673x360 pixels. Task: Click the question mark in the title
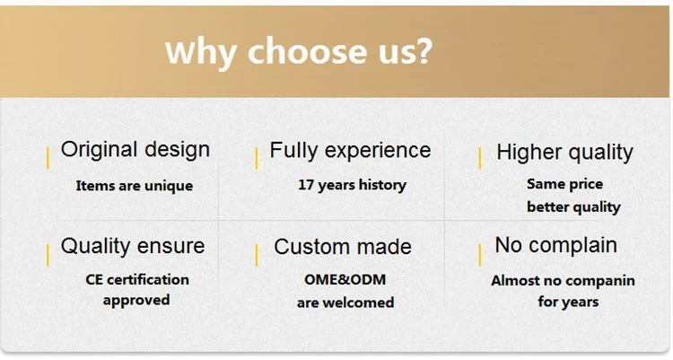(x=423, y=51)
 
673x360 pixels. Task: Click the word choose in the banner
(x=307, y=51)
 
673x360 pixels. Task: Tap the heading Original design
(x=135, y=150)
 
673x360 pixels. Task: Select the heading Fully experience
(x=350, y=151)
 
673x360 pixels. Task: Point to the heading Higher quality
(x=564, y=153)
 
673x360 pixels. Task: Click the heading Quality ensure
(x=133, y=246)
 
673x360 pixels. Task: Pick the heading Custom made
(x=343, y=247)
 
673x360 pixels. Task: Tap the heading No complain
(x=555, y=246)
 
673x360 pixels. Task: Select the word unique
(x=169, y=187)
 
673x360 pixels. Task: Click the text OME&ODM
(x=345, y=280)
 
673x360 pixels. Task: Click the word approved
(x=136, y=300)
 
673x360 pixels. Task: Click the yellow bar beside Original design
(x=48, y=158)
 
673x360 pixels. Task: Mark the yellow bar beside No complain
(x=479, y=255)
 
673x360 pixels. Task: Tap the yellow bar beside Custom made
(x=257, y=255)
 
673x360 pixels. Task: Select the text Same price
(x=564, y=185)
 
